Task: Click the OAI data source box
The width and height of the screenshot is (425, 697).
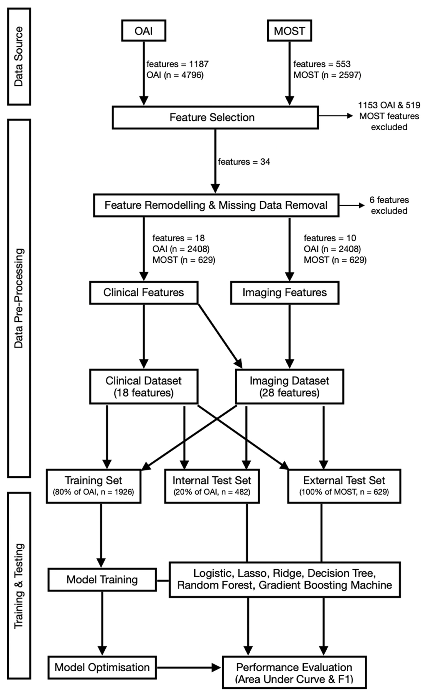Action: (x=144, y=31)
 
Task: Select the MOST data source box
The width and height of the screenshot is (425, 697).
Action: (x=289, y=31)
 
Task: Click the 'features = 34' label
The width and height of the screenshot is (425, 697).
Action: (x=244, y=162)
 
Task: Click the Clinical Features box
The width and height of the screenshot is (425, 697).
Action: (x=144, y=292)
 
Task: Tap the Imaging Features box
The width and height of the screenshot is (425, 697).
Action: (x=285, y=292)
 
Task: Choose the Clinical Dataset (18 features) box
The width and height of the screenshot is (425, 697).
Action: (x=144, y=386)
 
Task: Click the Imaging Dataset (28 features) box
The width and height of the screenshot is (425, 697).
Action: (x=289, y=386)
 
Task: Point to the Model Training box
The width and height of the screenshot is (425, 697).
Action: (x=102, y=580)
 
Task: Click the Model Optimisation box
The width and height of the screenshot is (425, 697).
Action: (x=102, y=667)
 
